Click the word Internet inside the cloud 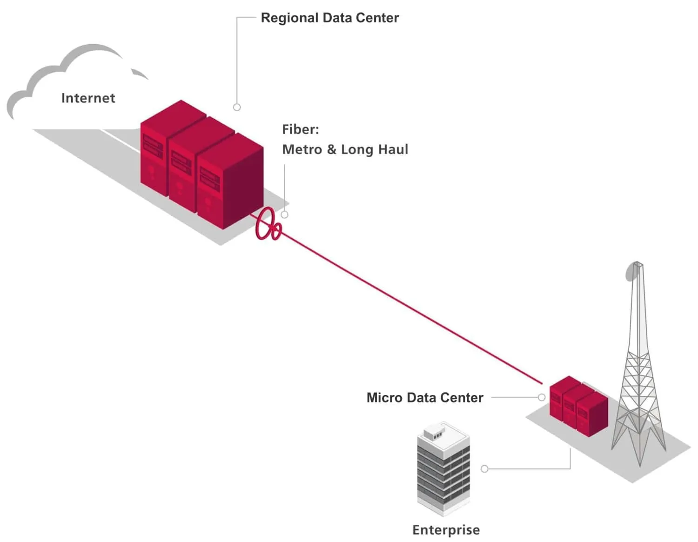tap(88, 98)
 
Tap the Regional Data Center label tap(329, 18)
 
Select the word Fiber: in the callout tap(301, 129)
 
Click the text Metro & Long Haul tap(345, 149)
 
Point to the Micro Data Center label tap(424, 398)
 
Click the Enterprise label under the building tap(446, 530)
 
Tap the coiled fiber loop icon tap(268, 224)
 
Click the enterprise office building tap(443, 470)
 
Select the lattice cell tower tap(638, 372)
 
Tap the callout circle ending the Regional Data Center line tap(237, 107)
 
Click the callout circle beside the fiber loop tap(285, 214)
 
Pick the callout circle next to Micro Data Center tap(542, 397)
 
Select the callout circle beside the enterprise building tap(484, 469)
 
